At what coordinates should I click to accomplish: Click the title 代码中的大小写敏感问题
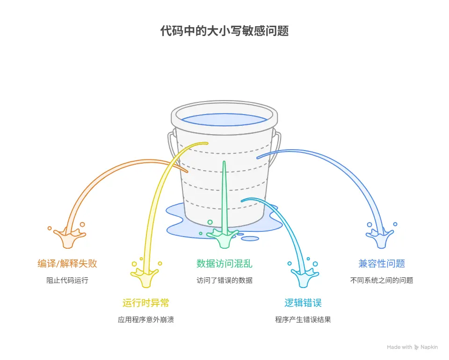tap(224, 31)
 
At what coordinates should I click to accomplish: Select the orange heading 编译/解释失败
tap(67, 264)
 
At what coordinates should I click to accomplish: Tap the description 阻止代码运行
tap(67, 281)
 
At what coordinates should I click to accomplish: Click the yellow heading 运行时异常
tap(146, 303)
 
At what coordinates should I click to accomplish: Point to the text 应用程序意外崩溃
tap(146, 320)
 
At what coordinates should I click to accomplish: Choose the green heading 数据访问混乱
tap(224, 264)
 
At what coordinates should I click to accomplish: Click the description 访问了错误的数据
tap(224, 281)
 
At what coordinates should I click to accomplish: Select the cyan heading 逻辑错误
tap(303, 303)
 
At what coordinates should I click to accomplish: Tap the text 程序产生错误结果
tap(303, 320)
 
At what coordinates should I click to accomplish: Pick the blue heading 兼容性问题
tap(382, 264)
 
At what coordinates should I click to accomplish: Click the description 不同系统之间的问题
tap(382, 281)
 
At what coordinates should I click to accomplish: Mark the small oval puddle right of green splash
tap(250, 238)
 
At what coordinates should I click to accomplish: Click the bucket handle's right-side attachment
tap(277, 140)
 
